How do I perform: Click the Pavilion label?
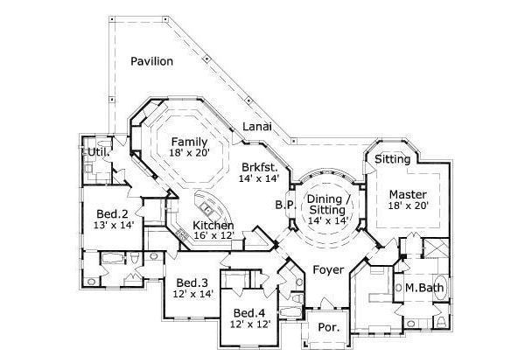[x=151, y=61]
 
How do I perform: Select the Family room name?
[x=188, y=141]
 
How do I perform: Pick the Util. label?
[x=97, y=152]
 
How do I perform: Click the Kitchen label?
[x=213, y=225]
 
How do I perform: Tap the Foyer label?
[x=328, y=270]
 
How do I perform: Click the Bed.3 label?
[x=192, y=283]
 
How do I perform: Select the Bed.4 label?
[x=249, y=312]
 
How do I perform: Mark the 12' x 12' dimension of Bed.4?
[x=249, y=324]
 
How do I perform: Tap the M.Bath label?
[x=422, y=288]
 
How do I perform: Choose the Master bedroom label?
[x=408, y=193]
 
